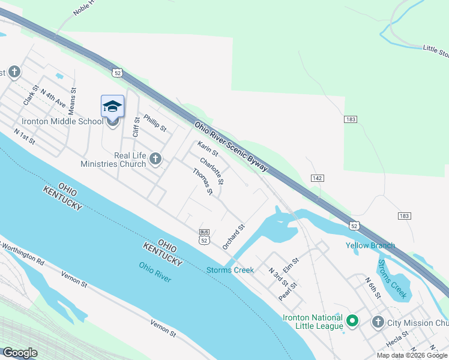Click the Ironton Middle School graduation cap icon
[113, 107]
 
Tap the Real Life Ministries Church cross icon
[155, 159]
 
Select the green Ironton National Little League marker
[352, 322]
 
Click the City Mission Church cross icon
[378, 323]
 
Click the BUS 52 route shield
[205, 236]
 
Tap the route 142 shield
[318, 178]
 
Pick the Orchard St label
[234, 237]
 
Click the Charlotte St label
[212, 171]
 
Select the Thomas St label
[203, 181]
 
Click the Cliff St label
[136, 127]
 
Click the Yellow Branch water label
[370, 245]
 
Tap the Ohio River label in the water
[155, 272]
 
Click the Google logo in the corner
[20, 353]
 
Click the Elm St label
[291, 263]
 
